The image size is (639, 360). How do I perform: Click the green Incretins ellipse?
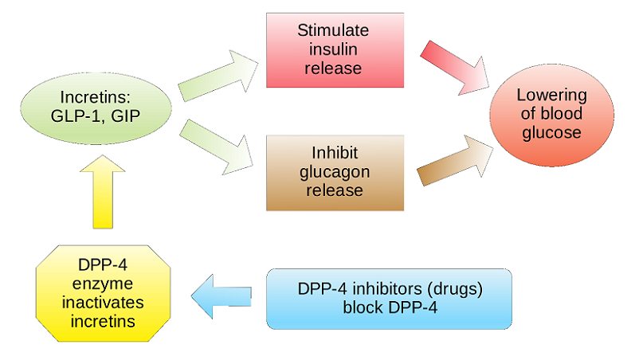[96, 108]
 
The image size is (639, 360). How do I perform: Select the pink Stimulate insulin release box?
[335, 50]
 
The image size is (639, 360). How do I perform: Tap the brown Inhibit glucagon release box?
[335, 173]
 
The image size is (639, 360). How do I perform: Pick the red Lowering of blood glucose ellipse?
[552, 115]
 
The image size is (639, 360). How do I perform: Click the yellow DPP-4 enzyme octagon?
[103, 293]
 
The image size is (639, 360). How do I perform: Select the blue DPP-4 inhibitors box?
[389, 299]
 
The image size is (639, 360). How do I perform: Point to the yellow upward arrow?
[103, 191]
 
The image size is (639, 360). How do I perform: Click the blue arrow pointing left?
[221, 296]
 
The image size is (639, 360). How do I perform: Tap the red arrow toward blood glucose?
[454, 68]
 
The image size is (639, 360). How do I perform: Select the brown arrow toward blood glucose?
[455, 161]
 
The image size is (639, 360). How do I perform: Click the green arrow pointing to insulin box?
[218, 76]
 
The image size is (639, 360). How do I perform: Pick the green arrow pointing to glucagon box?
[217, 147]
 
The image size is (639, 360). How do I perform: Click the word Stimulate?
[333, 30]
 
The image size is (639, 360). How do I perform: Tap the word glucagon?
[335, 172]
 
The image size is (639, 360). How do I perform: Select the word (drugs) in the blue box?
[455, 289]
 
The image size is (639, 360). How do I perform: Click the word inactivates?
[103, 303]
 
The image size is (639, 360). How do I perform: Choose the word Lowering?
[552, 96]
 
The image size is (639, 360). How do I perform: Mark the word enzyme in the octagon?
[103, 284]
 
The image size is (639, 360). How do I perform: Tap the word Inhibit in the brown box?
[335, 153]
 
